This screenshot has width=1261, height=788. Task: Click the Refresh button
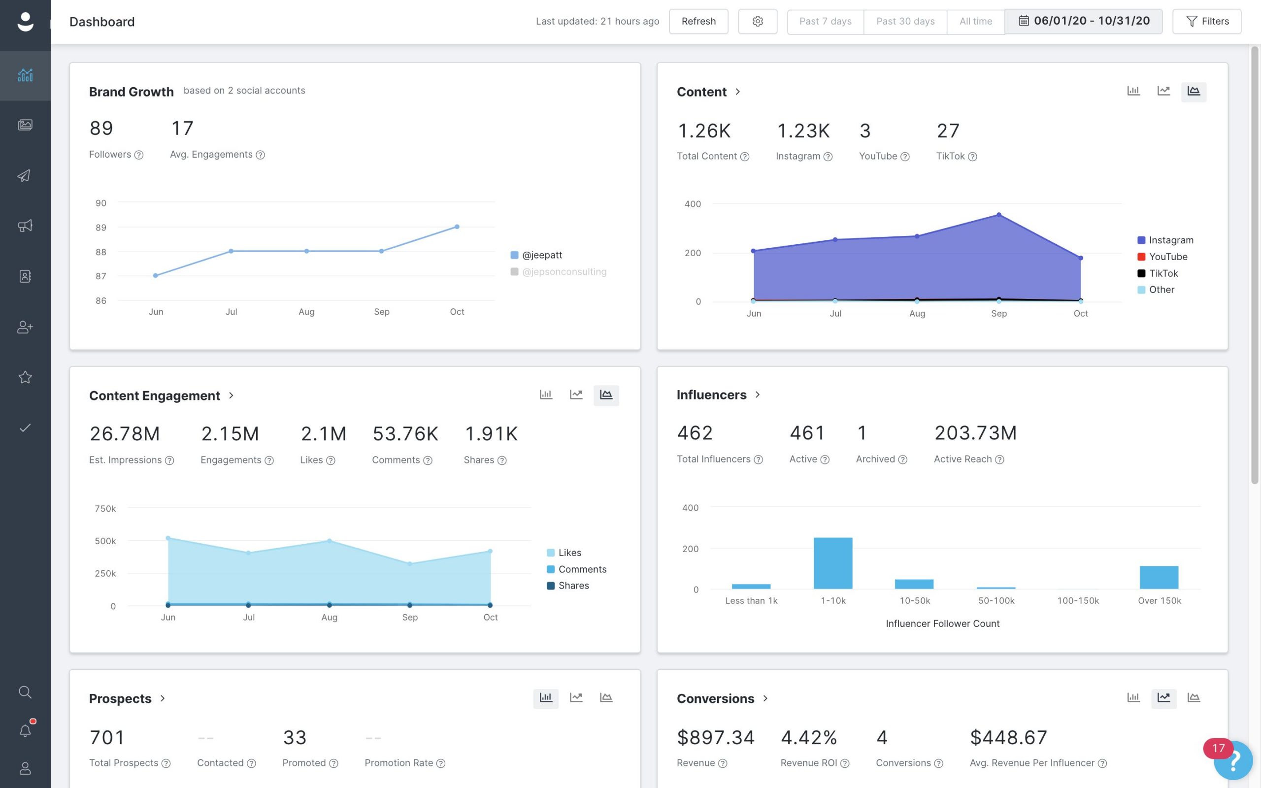(x=698, y=21)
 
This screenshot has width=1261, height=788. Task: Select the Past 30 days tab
(x=905, y=21)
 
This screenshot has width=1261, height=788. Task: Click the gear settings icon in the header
(x=757, y=21)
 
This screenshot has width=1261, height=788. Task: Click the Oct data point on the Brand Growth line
(x=457, y=227)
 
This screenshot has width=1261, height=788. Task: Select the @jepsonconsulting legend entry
(x=564, y=271)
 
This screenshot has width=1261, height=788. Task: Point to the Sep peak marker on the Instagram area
(x=999, y=215)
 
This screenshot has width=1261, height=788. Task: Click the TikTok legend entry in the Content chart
(x=1163, y=273)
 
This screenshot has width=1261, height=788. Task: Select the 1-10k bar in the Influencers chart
(x=832, y=563)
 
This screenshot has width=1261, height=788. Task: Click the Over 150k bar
(x=1159, y=577)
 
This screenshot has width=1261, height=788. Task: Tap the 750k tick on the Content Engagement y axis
(x=105, y=508)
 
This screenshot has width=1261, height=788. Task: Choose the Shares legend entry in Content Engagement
(x=573, y=585)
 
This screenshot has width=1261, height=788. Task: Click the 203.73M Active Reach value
(x=975, y=433)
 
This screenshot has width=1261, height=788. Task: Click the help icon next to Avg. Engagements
(x=261, y=155)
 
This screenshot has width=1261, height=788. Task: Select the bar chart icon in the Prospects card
(x=546, y=698)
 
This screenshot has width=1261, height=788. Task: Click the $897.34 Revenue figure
(x=715, y=737)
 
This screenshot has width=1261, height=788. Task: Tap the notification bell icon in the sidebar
(x=25, y=731)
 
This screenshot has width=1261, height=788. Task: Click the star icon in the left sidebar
(x=25, y=377)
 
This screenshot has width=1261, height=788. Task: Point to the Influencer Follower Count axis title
(x=942, y=624)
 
